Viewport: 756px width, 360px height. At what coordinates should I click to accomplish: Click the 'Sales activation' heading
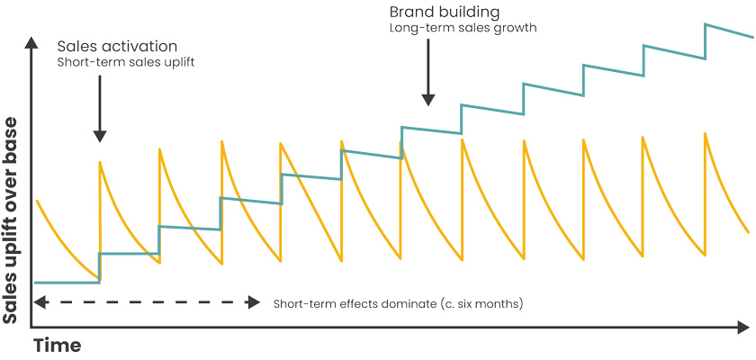coord(117,46)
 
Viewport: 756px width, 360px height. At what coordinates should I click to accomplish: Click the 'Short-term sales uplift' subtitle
coord(125,63)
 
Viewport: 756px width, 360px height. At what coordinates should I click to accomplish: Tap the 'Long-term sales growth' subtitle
coord(463,29)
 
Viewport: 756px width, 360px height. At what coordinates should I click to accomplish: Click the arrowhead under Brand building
coord(429,98)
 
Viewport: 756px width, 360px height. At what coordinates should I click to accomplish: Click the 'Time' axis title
coord(58,346)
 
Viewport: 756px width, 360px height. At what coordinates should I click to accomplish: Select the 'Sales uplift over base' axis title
coord(12,224)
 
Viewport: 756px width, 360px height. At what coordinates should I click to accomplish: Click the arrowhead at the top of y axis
coord(32,43)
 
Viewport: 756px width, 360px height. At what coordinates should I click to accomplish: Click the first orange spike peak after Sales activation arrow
coord(100,162)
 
